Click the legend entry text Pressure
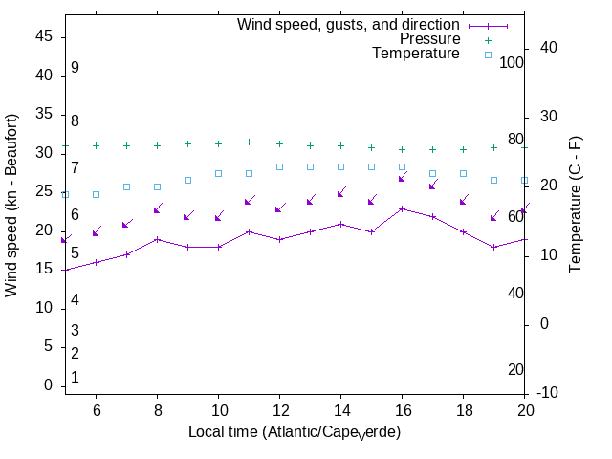click(429, 39)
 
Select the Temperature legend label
click(416, 54)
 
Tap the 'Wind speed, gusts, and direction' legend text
click(348, 24)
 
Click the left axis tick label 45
click(44, 35)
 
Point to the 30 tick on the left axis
click(44, 152)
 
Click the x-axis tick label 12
click(279, 409)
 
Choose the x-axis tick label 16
click(402, 409)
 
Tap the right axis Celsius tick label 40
click(549, 48)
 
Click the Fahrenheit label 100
click(513, 62)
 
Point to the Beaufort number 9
click(75, 68)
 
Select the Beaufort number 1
click(75, 378)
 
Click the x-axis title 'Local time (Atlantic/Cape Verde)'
click(294, 432)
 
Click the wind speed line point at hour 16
click(402, 208)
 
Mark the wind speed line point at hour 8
click(157, 239)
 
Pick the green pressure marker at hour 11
click(249, 142)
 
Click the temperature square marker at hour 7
click(126, 186)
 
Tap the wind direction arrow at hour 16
click(403, 178)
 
